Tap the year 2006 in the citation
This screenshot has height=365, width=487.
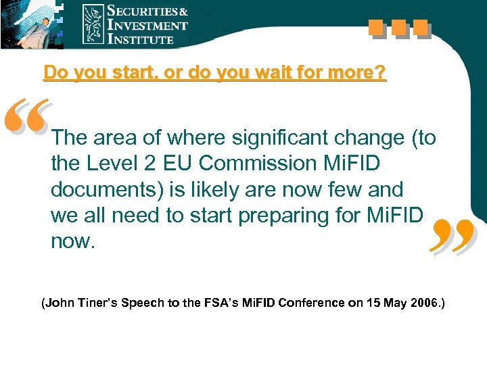tap(423, 303)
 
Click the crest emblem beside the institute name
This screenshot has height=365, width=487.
tap(93, 24)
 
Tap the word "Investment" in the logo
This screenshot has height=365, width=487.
tap(147, 26)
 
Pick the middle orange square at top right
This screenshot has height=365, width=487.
tap(398, 28)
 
